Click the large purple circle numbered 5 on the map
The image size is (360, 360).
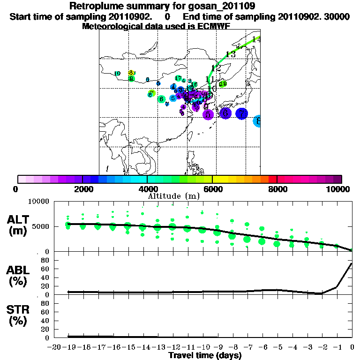click(208, 114)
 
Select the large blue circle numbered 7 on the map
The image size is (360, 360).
click(241, 113)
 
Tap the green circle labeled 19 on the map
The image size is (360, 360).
click(223, 84)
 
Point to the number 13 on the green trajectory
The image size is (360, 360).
click(230, 54)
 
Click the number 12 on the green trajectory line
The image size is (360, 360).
click(216, 68)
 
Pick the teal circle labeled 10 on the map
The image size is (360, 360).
click(117, 74)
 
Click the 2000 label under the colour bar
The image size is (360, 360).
click(82, 189)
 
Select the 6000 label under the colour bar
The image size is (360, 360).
click(212, 189)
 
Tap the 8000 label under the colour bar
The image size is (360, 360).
click(277, 189)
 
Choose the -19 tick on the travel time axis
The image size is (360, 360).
click(70, 347)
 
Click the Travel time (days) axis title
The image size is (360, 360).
click(205, 356)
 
